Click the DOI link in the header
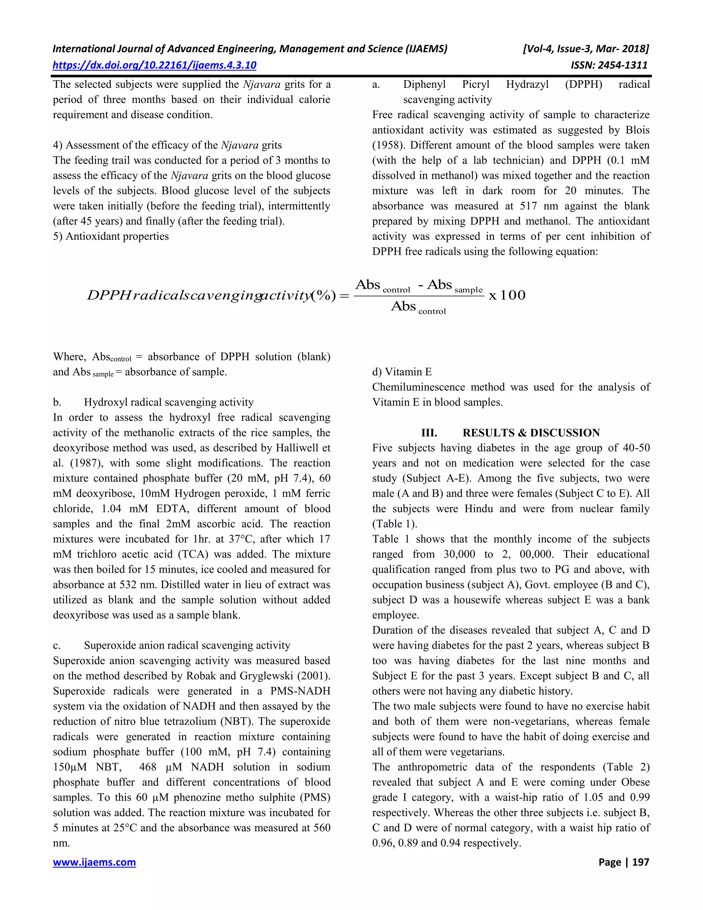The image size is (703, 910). [154, 65]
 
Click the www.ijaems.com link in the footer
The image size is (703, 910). [94, 862]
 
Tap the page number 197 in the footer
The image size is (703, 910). [641, 862]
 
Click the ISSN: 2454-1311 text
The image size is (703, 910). [609, 65]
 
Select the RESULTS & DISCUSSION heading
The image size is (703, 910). [531, 433]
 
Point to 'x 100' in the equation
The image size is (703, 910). [507, 295]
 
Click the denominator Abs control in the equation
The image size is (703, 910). [418, 307]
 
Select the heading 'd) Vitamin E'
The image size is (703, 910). [402, 372]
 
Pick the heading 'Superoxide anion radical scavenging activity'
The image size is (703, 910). [187, 646]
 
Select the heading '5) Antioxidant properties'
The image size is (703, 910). [111, 236]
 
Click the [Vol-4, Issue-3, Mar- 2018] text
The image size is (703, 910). [586, 49]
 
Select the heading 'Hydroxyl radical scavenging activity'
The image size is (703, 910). [169, 402]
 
